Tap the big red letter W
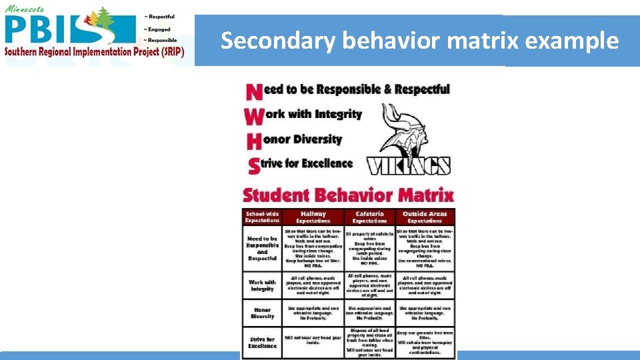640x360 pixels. coord(254,117)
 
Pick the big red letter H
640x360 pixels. coord(253,141)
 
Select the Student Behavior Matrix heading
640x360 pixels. coord(348,196)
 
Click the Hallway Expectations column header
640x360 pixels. coord(313,217)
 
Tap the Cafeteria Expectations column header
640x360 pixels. coord(369,217)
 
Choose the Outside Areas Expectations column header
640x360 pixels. coord(425,217)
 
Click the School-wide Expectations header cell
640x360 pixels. coord(262,217)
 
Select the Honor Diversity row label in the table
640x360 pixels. coord(262,313)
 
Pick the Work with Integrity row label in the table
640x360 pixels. coord(262,285)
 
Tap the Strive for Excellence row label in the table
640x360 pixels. coord(262,343)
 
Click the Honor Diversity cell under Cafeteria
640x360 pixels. coord(369,313)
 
